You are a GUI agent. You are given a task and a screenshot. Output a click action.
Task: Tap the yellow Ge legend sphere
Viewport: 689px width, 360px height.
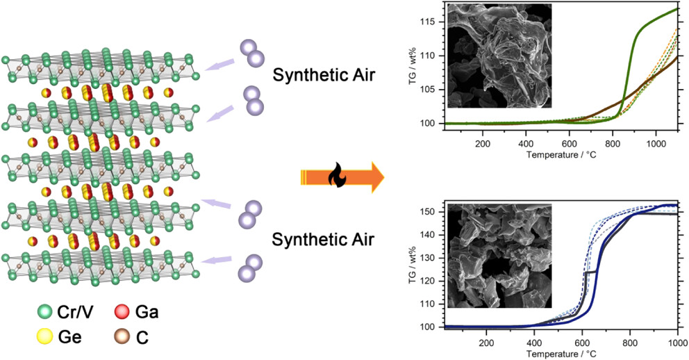45,337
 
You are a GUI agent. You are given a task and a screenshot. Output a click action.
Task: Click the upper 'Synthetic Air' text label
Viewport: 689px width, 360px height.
324,75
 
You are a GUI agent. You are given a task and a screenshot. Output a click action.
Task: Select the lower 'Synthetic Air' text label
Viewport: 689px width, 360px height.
323,240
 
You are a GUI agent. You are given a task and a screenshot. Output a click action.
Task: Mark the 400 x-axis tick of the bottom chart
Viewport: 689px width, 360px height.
534,343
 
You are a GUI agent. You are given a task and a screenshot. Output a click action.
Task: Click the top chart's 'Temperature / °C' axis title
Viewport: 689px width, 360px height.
561,155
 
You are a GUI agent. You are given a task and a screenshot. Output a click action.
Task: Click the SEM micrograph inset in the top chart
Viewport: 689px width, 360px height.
499,56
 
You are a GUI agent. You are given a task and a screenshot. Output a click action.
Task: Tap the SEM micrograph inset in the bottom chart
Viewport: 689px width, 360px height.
499,256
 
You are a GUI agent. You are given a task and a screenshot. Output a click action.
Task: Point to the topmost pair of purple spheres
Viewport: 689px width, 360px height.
253,52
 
